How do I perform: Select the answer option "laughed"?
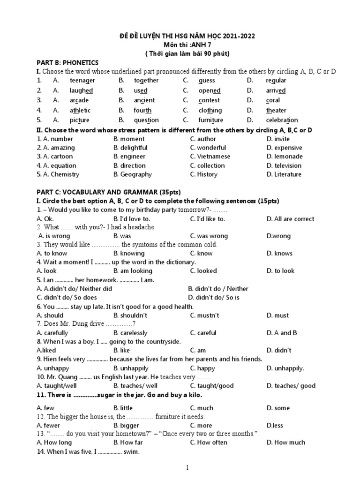point(81,90)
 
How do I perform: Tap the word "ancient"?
point(144,100)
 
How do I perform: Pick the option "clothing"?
point(210,111)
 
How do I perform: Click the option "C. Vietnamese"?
point(210,157)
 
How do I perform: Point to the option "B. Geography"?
point(133,174)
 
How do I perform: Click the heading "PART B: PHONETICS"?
point(67,62)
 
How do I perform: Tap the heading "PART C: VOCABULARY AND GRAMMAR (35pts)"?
point(108,192)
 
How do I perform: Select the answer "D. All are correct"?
point(290,219)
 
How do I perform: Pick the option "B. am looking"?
point(133,271)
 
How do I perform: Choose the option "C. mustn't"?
point(204,315)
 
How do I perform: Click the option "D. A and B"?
point(282,333)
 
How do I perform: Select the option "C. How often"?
point(209,442)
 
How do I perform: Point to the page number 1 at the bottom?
point(187,468)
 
